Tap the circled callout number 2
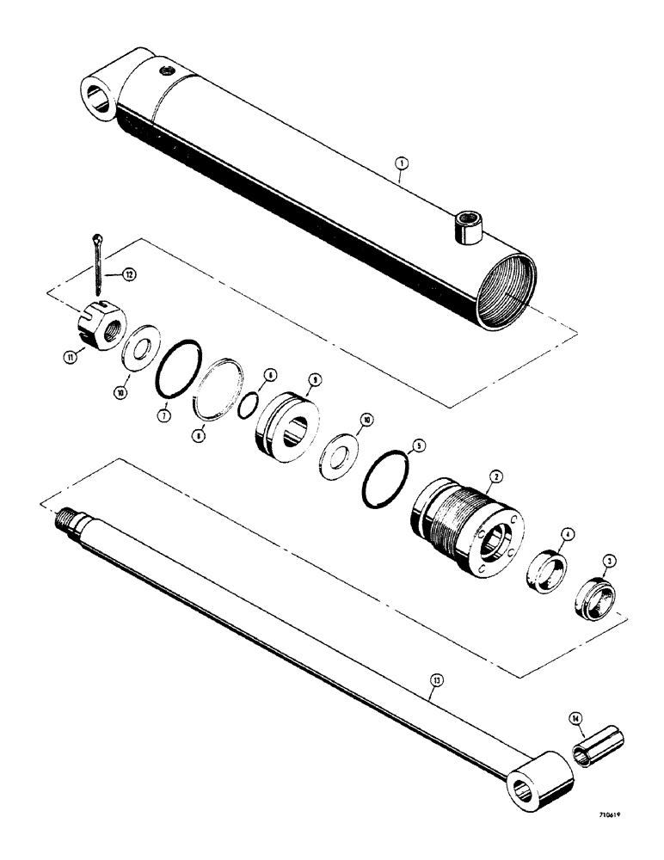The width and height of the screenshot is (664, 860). [496, 475]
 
